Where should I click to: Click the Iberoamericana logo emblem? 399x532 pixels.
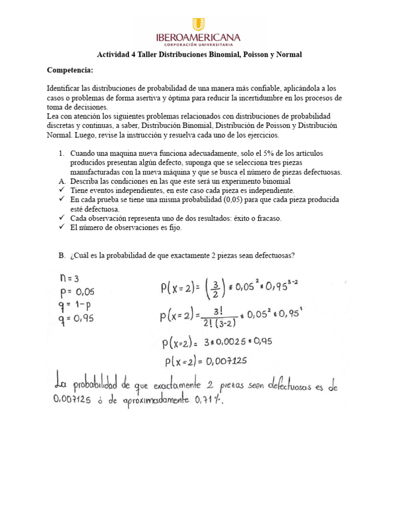(198, 24)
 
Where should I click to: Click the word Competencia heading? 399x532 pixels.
(70, 70)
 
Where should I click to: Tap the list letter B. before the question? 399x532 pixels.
(61, 256)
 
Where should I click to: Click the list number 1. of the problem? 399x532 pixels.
(61, 154)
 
